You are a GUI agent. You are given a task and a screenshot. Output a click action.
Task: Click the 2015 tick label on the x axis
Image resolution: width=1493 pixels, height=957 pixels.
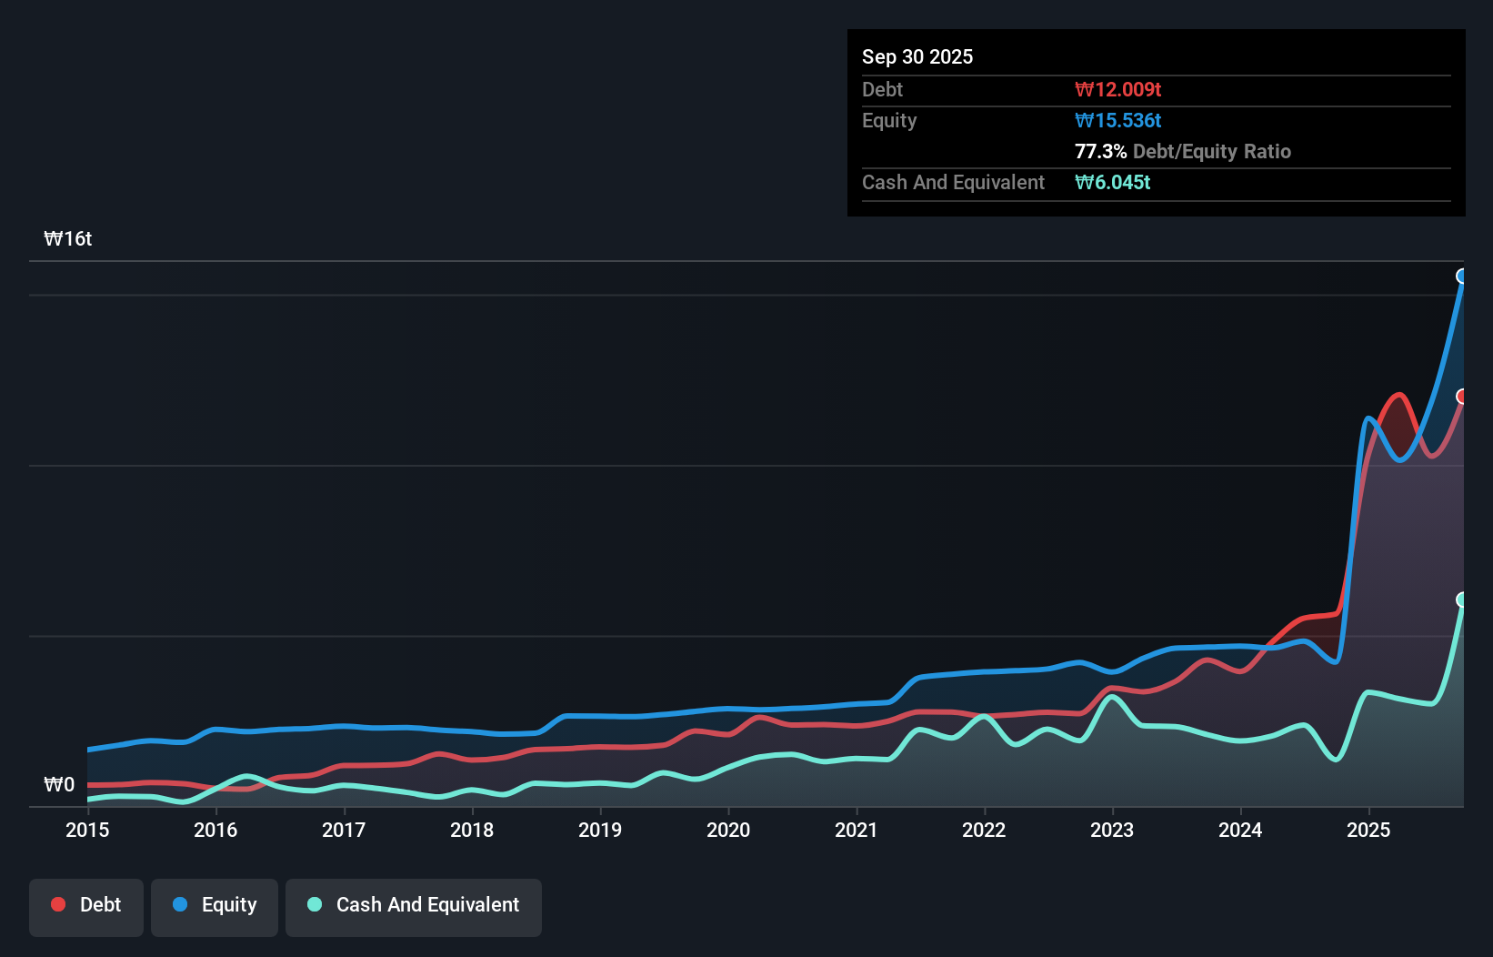87,830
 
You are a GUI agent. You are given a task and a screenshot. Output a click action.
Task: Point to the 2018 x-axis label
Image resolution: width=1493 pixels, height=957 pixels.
472,830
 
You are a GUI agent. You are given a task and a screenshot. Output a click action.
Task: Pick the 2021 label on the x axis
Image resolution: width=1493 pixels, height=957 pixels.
857,830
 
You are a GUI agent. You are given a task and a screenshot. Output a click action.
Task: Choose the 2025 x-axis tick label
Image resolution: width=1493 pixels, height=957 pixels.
1368,830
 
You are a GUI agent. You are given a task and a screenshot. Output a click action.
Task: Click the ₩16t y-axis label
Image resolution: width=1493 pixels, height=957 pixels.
68,239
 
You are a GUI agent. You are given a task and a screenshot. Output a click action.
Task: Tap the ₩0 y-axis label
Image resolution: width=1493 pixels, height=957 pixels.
59,784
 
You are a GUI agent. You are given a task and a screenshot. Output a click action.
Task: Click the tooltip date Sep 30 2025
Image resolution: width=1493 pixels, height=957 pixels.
917,56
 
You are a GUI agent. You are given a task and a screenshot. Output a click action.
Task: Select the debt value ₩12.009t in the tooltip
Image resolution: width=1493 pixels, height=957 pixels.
1117,89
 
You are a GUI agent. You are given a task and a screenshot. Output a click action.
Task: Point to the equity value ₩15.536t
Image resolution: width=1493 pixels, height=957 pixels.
1117,120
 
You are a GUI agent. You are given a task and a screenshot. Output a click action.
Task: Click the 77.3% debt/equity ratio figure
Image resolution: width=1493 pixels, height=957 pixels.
1100,151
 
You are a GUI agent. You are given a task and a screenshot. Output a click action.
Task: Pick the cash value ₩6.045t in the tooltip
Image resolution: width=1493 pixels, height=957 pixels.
1112,182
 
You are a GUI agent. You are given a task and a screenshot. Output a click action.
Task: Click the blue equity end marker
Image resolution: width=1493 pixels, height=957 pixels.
1462,276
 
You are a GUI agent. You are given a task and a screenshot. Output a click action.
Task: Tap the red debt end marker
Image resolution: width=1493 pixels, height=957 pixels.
1462,396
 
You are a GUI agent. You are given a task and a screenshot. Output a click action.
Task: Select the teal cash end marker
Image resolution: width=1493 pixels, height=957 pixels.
1462,599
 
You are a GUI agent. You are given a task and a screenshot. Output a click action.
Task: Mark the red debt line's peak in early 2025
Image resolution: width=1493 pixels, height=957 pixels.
1399,395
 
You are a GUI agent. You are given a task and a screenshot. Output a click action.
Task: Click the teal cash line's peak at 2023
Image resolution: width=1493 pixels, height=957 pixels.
1112,697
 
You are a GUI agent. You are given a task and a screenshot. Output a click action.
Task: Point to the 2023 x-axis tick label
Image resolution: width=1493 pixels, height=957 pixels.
1112,830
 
